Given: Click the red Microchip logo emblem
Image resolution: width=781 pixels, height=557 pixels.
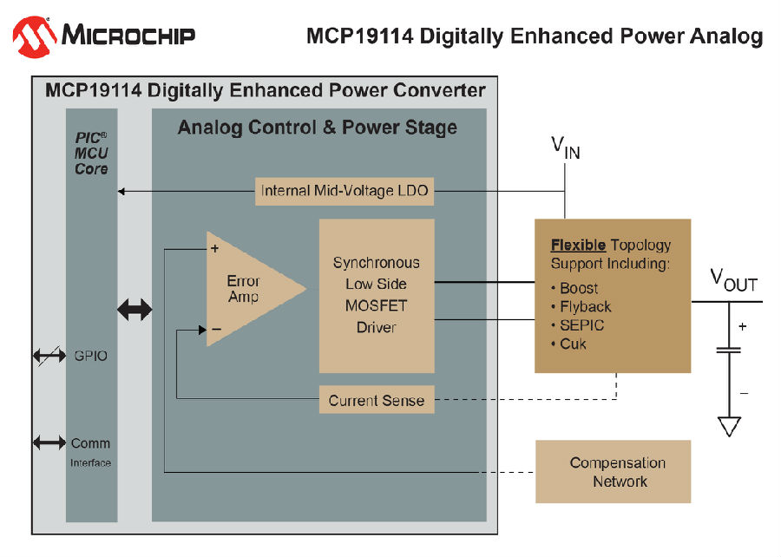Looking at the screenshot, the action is point(35,36).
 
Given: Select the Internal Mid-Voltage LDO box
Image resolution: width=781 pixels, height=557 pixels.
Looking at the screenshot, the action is point(345,191).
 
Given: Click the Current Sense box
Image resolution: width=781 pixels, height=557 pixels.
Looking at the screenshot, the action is point(377,400).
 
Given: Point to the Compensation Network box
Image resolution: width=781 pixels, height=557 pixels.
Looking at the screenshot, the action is point(614,471).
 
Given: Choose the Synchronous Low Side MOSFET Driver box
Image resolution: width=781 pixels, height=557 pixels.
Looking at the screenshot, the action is point(377,296).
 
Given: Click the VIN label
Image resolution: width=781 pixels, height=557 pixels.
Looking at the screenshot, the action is point(566,147).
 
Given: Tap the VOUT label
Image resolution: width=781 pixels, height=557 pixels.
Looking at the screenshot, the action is point(733,280).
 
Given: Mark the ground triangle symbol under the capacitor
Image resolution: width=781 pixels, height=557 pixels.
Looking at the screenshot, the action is point(729,427).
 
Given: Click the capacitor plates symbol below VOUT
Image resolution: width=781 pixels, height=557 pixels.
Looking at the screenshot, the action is point(729,350).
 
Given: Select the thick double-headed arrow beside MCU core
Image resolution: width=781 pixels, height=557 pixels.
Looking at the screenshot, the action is point(135,310).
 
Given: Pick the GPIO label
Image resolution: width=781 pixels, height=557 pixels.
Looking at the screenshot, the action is point(90,356).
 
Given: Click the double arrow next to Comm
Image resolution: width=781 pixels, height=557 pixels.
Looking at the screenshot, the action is point(49,442).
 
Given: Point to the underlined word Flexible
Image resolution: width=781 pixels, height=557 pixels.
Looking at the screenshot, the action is point(578,245).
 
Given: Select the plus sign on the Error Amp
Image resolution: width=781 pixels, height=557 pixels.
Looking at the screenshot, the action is point(214,248).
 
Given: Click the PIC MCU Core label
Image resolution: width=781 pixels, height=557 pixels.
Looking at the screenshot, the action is point(91,154).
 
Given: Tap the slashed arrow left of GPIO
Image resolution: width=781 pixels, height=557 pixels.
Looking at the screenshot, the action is point(49,356).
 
